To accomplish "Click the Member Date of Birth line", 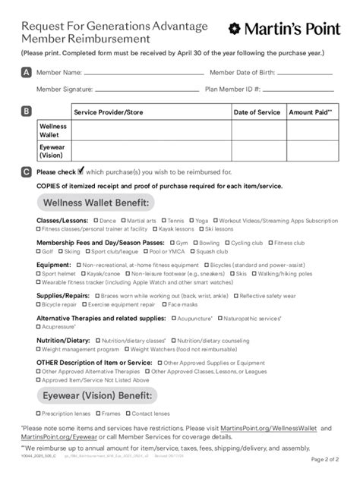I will click(x=304, y=74).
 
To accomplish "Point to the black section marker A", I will click(x=27, y=73).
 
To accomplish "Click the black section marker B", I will click(x=27, y=112).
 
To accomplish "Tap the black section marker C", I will click(x=27, y=172).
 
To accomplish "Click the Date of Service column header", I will click(x=257, y=112).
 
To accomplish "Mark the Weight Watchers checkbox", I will click(x=126, y=350).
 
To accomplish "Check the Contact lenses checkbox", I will click(x=127, y=414).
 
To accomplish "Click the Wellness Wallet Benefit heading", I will click(x=95, y=203).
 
